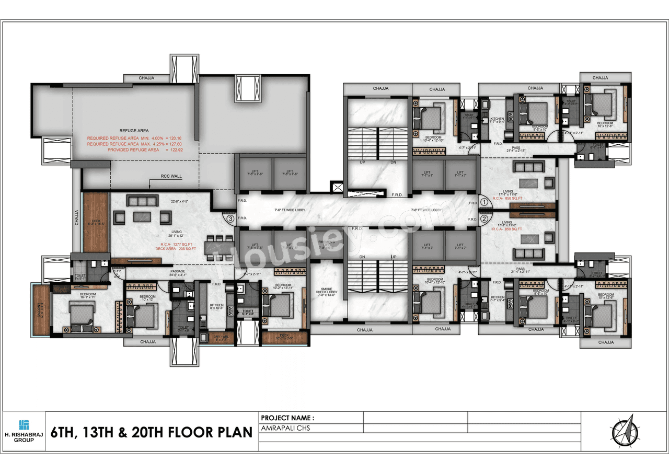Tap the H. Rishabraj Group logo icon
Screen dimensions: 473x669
[24, 424]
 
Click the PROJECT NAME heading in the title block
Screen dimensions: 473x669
[287, 418]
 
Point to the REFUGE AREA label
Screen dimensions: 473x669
[134, 131]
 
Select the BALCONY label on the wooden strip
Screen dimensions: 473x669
[39, 310]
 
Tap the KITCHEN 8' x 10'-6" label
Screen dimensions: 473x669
[216, 306]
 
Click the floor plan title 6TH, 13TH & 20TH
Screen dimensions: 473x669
[152, 433]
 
